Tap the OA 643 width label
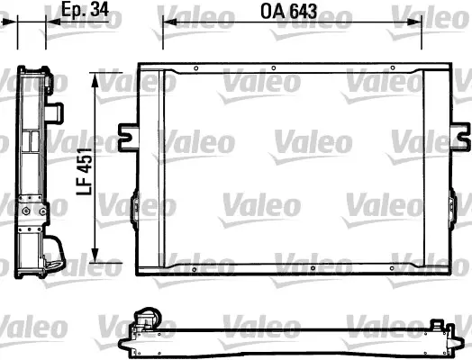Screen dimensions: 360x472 pyautogui.click(x=295, y=13)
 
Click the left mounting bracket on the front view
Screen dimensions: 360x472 pyautogui.click(x=127, y=135)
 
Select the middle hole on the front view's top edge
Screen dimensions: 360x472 pyautogui.click(x=309, y=68)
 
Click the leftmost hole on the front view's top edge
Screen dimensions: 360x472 pyautogui.click(x=196, y=68)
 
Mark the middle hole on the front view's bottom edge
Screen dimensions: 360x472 pyautogui.click(x=309, y=267)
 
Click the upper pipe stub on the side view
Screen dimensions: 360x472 pyautogui.click(x=58, y=113)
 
